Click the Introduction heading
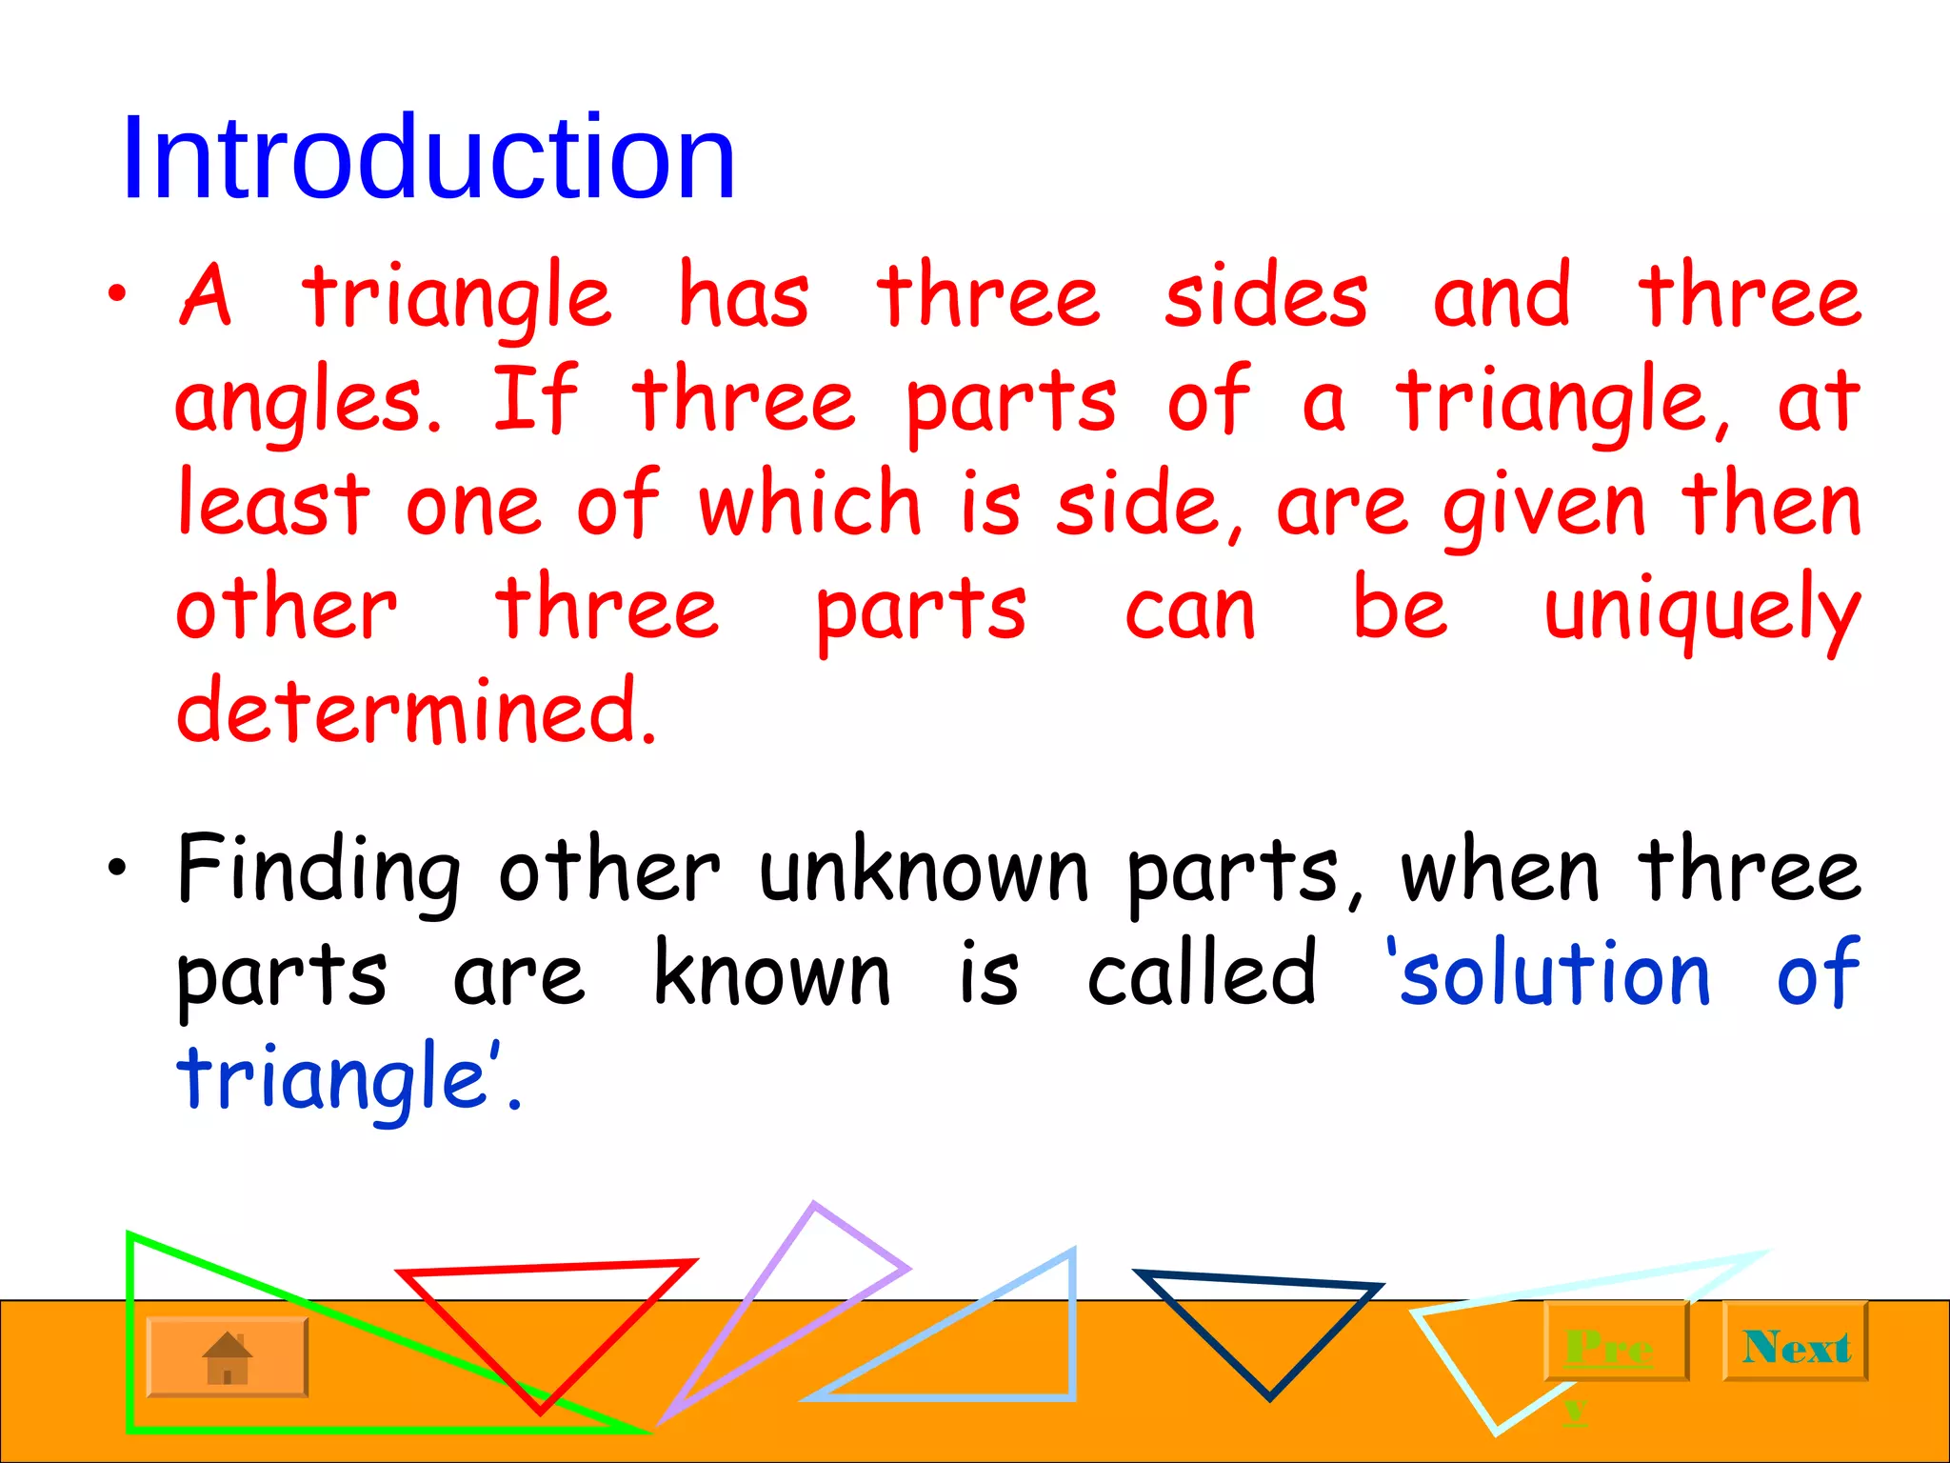428,157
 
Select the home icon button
228,1358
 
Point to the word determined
416,711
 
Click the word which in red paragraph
810,504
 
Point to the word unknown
924,872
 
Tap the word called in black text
1202,973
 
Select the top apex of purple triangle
814,1206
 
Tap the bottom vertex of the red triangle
540,1410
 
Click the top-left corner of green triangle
130,1236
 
